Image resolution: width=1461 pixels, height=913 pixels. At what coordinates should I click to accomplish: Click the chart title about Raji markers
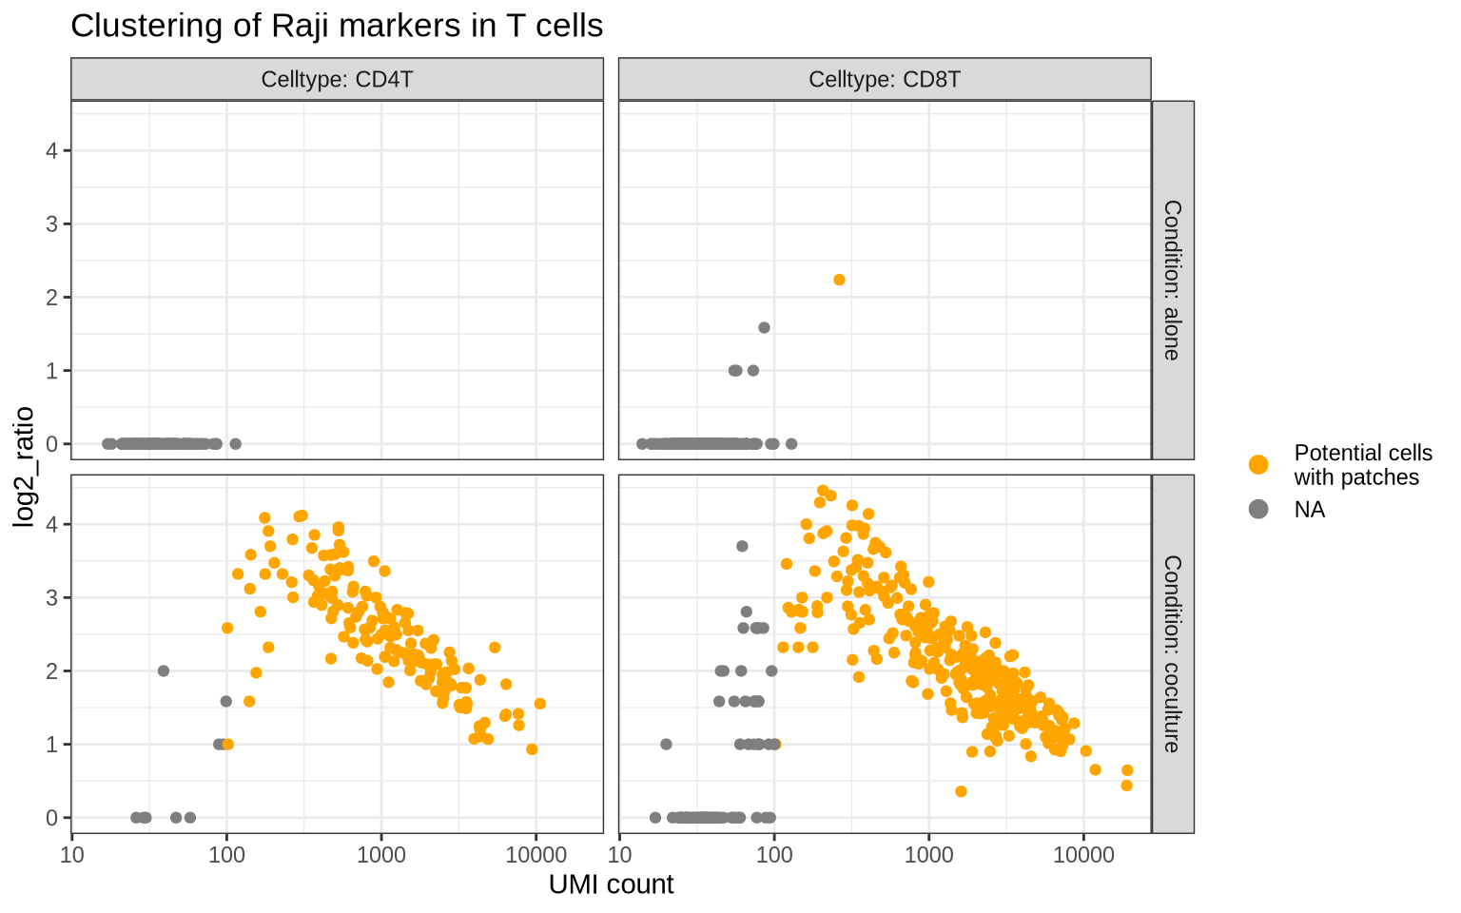tap(337, 26)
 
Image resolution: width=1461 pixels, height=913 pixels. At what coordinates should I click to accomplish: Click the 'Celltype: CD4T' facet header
tap(337, 79)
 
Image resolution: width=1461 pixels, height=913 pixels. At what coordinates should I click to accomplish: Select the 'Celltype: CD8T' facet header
tap(885, 79)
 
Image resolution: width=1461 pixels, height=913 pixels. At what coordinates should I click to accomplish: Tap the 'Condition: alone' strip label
tap(1172, 280)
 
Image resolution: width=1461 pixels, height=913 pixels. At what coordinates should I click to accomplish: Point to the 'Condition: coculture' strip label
tap(1172, 653)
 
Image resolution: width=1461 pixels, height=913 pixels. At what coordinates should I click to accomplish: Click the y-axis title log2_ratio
tap(24, 466)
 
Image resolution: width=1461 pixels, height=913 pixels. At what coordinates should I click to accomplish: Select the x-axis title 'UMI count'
tap(611, 884)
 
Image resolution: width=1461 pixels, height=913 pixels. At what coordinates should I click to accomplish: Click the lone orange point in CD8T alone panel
tap(839, 280)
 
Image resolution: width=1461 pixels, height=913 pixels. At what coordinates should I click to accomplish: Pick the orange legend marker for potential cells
tap(1258, 464)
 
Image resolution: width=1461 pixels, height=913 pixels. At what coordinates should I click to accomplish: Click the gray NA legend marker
tap(1258, 510)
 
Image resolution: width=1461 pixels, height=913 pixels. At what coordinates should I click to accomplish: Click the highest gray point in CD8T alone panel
tap(764, 328)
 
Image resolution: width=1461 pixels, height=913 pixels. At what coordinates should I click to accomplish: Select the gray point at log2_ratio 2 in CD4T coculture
tap(164, 670)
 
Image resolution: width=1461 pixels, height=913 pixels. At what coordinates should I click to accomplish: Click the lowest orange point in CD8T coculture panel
tap(961, 791)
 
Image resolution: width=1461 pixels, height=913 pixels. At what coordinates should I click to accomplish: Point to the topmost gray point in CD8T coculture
tap(742, 546)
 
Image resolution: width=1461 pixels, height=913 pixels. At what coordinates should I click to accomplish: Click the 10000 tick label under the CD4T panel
tap(536, 854)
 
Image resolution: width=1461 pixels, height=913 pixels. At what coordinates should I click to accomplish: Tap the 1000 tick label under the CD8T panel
tap(928, 854)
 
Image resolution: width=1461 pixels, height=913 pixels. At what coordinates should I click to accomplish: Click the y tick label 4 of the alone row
tap(53, 150)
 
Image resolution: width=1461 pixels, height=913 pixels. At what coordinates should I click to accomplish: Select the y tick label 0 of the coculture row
tap(53, 818)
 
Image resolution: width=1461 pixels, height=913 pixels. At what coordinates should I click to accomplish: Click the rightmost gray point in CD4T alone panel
tap(236, 444)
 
